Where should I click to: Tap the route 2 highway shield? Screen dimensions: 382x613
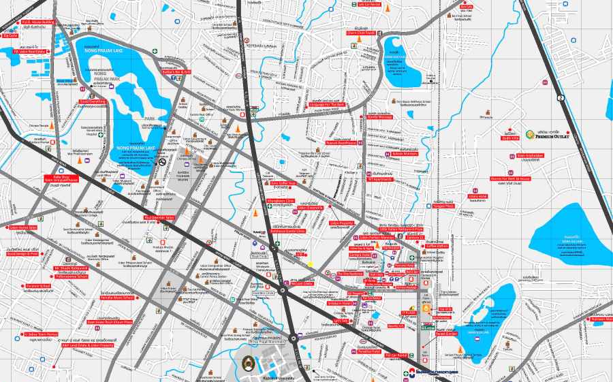click(561, 99)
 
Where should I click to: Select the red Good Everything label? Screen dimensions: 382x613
click(93, 101)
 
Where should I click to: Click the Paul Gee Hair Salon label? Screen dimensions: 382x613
click(160, 218)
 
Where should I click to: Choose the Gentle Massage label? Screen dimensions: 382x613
click(379, 117)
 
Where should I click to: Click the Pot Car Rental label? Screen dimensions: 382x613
click(396, 355)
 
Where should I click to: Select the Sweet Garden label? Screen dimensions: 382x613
click(446, 334)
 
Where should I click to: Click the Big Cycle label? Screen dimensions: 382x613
click(10, 35)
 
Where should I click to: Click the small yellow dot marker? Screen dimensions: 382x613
click(310, 264)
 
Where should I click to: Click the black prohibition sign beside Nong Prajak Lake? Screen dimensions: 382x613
click(162, 162)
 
